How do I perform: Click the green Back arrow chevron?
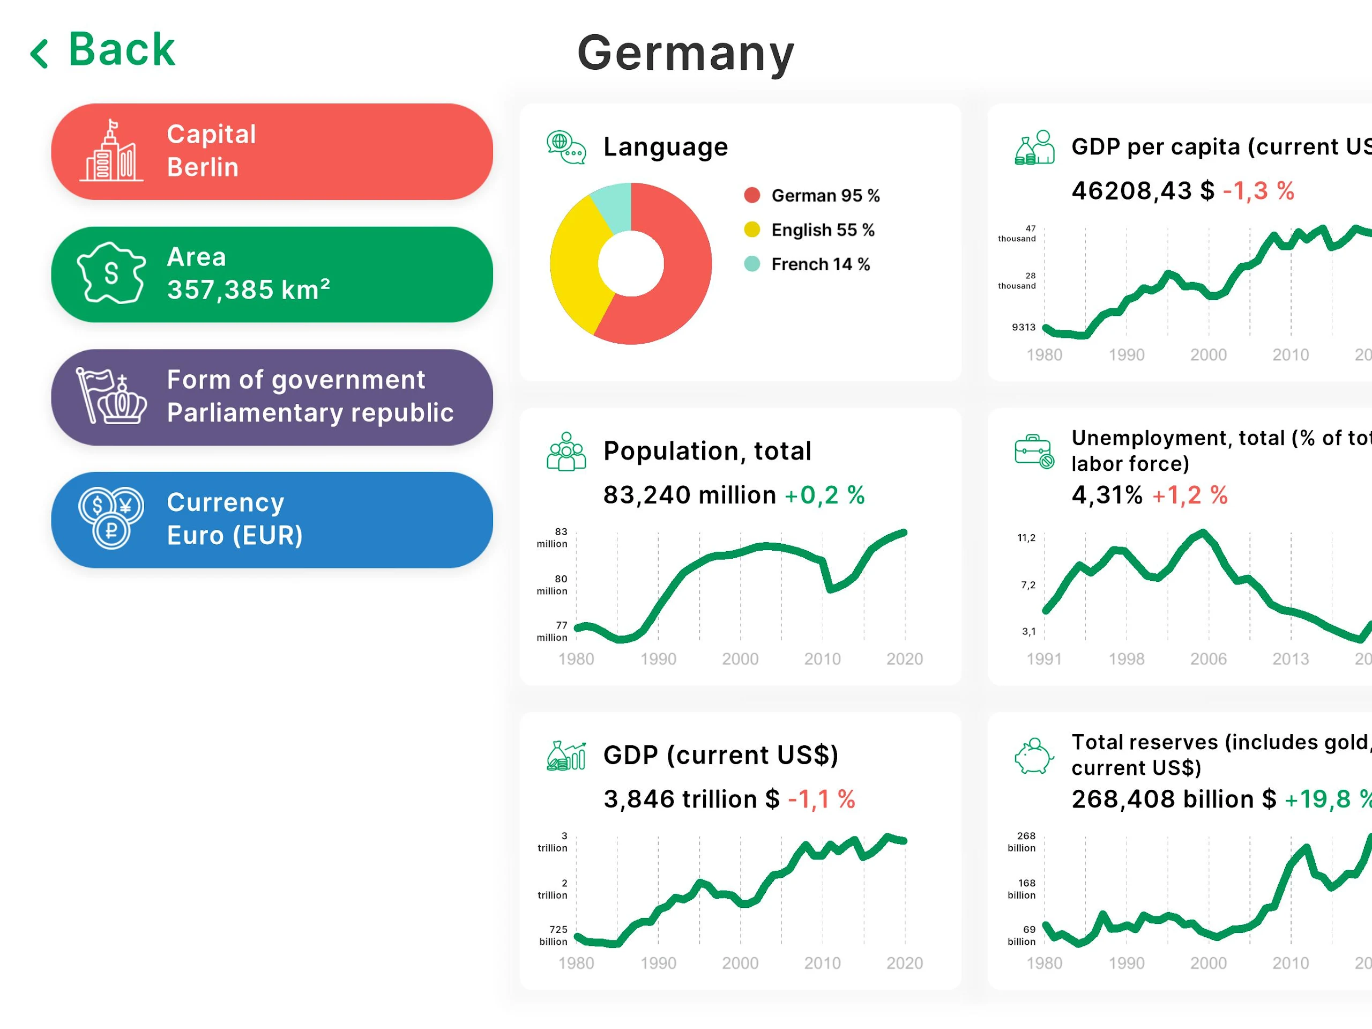(39, 54)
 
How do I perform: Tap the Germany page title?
(685, 54)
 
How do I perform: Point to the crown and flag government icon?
(111, 396)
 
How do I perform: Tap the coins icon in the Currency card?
(111, 518)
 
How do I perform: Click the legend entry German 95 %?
(825, 196)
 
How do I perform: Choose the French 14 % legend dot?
(752, 264)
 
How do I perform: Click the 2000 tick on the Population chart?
(740, 659)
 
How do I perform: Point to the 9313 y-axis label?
(1024, 327)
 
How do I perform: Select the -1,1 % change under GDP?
(821, 799)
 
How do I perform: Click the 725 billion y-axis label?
(553, 935)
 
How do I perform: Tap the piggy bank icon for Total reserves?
(1033, 756)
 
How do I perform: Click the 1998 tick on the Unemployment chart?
(1127, 659)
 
